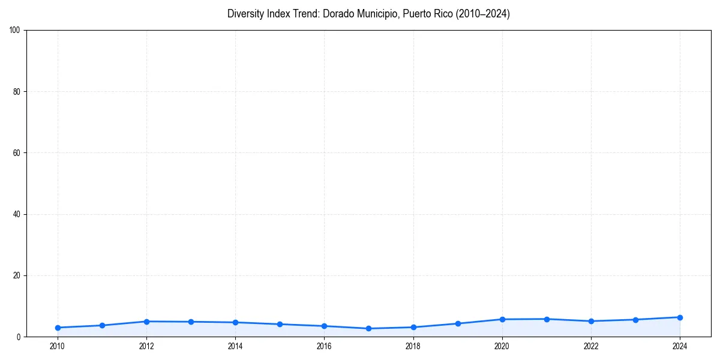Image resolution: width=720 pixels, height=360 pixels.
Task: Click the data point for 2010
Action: (x=58, y=328)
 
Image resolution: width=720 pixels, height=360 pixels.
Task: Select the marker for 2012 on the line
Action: (x=146, y=322)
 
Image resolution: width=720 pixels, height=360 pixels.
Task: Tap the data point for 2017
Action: (x=369, y=329)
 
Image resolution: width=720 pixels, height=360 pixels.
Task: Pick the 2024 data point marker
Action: (x=680, y=317)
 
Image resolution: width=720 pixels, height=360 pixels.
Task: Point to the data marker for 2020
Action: (x=502, y=319)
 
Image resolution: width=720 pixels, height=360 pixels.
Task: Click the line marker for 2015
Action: (x=280, y=324)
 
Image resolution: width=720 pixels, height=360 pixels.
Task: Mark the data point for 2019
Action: (x=458, y=323)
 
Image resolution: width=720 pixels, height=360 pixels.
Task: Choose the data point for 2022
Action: (x=591, y=321)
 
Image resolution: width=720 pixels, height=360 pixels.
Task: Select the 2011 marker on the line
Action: (x=102, y=325)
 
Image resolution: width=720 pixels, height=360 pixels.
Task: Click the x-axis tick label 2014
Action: (x=235, y=346)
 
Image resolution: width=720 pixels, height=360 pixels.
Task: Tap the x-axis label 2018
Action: (x=413, y=346)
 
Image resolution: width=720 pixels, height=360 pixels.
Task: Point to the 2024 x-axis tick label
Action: (x=680, y=346)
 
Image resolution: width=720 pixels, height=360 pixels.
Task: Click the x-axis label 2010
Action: (x=58, y=346)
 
